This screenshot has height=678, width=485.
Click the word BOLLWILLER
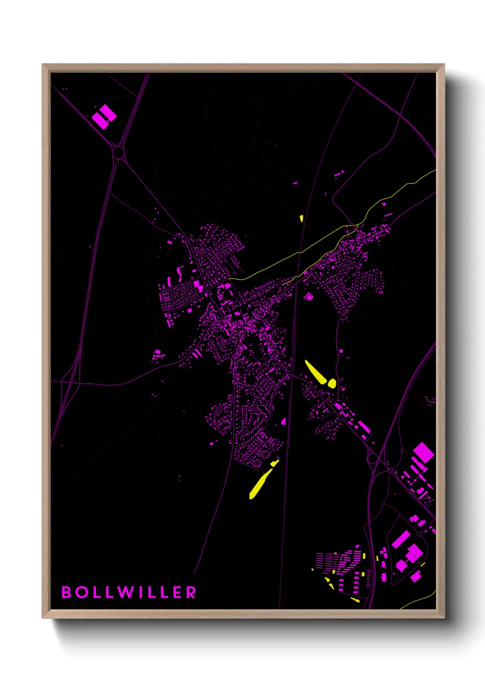coord(129,592)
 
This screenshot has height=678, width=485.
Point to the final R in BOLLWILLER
coord(192,592)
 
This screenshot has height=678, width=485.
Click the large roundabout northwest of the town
coord(118,153)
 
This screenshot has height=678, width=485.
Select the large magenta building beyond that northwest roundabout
coord(104,116)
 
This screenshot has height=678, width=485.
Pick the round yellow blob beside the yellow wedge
coord(331,383)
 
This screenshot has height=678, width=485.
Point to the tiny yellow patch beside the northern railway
coord(301,218)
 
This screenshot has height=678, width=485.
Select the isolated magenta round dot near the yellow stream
coord(384,204)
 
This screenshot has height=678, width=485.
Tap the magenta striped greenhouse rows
coord(339,561)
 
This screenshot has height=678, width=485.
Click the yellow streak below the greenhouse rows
coord(355,599)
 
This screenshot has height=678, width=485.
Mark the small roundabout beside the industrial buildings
coord(390,470)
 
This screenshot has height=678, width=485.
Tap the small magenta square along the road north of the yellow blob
coord(341,351)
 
